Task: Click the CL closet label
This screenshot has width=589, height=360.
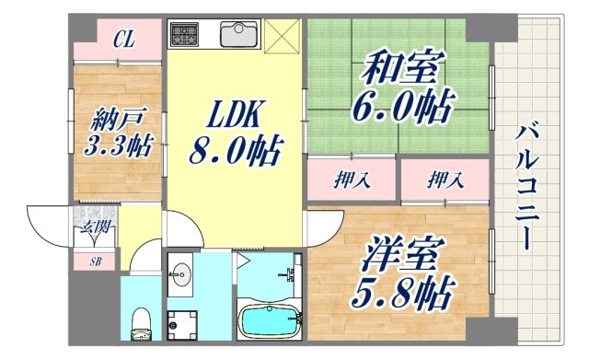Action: point(125,40)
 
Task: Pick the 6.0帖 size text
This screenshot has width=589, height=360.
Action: point(399,107)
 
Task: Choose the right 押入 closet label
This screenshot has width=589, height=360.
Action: point(445,180)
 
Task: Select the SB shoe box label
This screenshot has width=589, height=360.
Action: point(95,261)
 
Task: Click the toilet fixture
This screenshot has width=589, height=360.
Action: point(141,321)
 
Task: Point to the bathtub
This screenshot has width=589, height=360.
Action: point(271,322)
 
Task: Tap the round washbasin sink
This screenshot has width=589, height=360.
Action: point(182,274)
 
